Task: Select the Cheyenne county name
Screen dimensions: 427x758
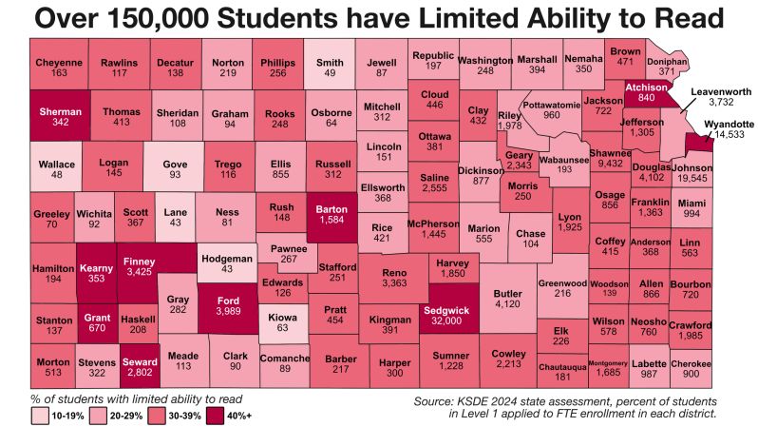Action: (x=59, y=62)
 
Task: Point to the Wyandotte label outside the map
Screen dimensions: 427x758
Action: (x=729, y=125)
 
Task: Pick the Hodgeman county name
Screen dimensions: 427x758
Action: (x=225, y=259)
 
